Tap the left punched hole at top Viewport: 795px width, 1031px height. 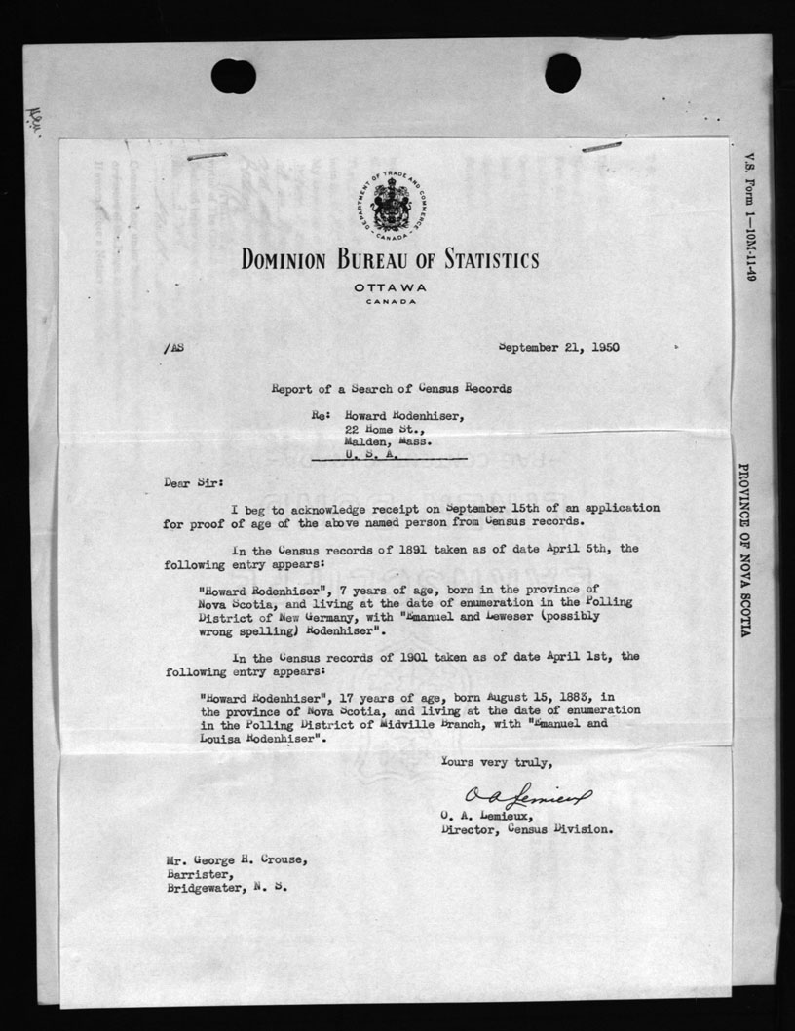point(233,75)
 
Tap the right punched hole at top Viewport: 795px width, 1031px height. point(562,72)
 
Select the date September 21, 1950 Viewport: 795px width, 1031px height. point(558,346)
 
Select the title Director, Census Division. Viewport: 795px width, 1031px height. point(527,830)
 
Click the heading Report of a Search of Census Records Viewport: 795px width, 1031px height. point(392,388)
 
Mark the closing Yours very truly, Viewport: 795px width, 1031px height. point(497,761)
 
